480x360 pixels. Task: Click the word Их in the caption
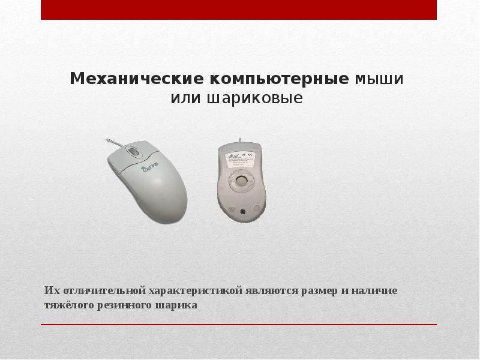click(x=50, y=291)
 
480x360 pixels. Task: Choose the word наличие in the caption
click(x=376, y=291)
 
